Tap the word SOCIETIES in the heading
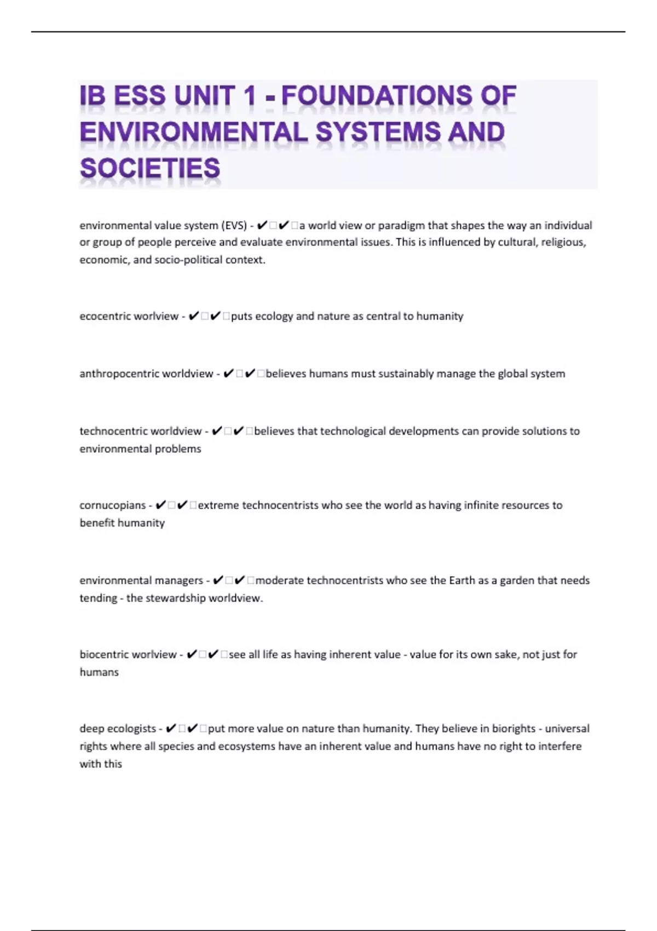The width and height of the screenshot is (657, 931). [150, 168]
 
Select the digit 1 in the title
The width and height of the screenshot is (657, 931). [250, 96]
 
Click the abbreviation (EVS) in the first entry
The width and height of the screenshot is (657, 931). [234, 225]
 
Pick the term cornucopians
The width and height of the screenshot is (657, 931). [112, 505]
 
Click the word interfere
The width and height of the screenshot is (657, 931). [560, 746]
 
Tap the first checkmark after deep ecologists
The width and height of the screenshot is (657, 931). [170, 728]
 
